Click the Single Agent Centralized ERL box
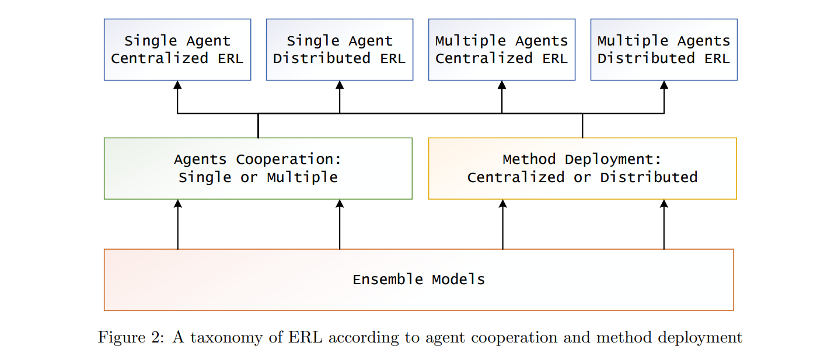(177, 50)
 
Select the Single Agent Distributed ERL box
(340, 50)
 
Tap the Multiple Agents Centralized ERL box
(502, 50)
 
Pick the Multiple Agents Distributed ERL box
(664, 50)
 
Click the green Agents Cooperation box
(259, 169)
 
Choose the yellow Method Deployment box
(582, 169)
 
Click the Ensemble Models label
(418, 279)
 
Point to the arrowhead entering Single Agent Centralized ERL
(177, 85)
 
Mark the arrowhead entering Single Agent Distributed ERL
(340, 85)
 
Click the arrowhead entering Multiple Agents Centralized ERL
(502, 85)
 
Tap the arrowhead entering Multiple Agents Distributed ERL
(664, 85)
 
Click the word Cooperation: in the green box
(289, 160)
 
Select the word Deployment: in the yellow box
(613, 160)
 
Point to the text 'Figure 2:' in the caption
(131, 337)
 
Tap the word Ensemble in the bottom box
(388, 279)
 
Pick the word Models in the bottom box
(458, 279)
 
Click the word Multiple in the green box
(302, 177)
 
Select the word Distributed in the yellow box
(649, 177)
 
